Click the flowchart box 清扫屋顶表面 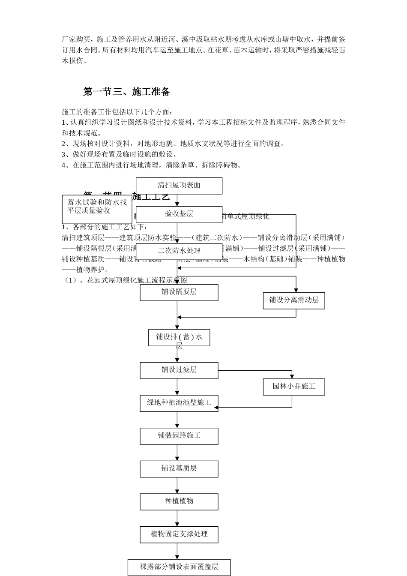(x=179, y=186)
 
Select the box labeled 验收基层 (x=179, y=214)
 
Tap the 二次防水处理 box (x=179, y=251)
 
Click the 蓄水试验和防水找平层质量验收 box (x=97, y=209)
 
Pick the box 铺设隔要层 (x=179, y=292)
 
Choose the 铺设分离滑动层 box (x=294, y=300)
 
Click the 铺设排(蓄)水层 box (x=179, y=338)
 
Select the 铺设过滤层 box (x=179, y=370)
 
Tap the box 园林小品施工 (x=294, y=387)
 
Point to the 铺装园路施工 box (x=179, y=436)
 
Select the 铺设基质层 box (x=179, y=469)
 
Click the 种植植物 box (x=179, y=501)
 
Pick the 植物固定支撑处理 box (x=179, y=534)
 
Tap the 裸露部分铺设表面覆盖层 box (x=179, y=567)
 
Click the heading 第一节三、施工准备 (x=127, y=92)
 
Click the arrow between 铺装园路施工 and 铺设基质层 (x=177, y=453)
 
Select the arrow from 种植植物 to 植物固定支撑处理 (x=177, y=518)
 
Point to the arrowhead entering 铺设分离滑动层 (x=296, y=290)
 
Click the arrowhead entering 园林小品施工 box (x=292, y=376)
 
